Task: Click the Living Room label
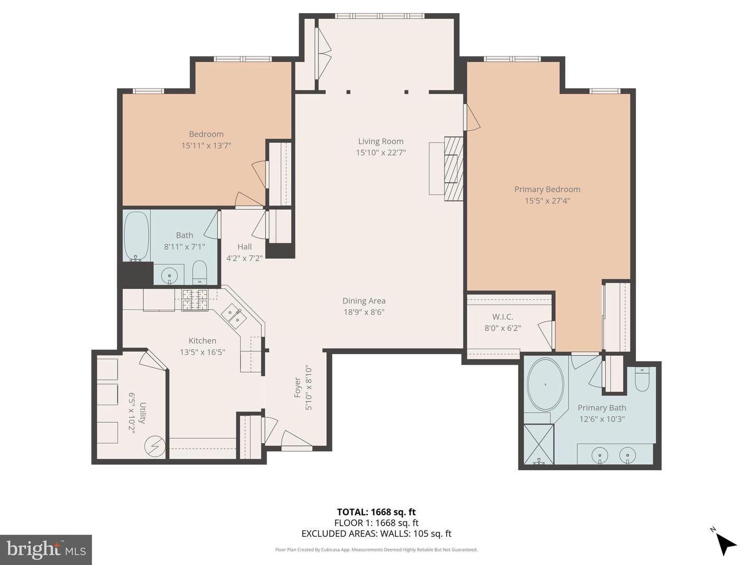pos(381,141)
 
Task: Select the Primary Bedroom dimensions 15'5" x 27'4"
pos(547,201)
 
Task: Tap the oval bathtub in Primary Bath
pos(545,385)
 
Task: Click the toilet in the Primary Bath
pos(642,379)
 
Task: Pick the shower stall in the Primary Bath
pos(539,444)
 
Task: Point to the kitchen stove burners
pos(195,300)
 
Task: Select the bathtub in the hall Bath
pos(136,236)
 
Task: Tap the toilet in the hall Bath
pos(200,272)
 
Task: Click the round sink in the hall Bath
pos(169,274)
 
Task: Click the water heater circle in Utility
pos(155,446)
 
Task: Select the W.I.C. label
pos(503,317)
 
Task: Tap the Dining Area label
pos(364,301)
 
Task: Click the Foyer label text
pos(297,388)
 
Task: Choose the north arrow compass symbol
pos(725,543)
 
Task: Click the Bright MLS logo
pos(46,549)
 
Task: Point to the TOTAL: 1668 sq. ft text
pos(376,512)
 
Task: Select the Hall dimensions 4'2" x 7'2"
pos(244,258)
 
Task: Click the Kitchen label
pos(202,341)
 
